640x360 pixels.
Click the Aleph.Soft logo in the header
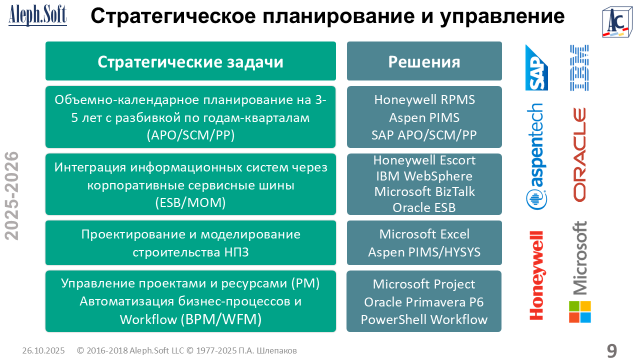coord(37,15)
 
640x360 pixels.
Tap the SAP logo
coord(536,67)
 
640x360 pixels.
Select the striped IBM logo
coord(579,67)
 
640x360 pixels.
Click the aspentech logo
coord(536,156)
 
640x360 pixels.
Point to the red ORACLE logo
coord(579,154)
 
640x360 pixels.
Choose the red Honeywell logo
coord(536,275)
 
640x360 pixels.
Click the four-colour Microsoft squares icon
coord(579,311)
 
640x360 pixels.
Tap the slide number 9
coord(611,350)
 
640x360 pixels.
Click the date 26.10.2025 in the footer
coord(43,350)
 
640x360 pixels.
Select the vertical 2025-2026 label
coord(11,195)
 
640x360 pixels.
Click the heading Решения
coord(424,61)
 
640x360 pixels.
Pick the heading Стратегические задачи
coord(190,61)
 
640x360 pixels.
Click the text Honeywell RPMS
coord(424,99)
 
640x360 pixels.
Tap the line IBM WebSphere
coord(424,176)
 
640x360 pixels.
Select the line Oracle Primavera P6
coord(424,302)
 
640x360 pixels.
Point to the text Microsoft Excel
coord(424,234)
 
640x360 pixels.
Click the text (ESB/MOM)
coord(190,202)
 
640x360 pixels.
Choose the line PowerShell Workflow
coord(424,319)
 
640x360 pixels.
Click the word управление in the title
coord(502,16)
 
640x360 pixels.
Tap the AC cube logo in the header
coord(617,22)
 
